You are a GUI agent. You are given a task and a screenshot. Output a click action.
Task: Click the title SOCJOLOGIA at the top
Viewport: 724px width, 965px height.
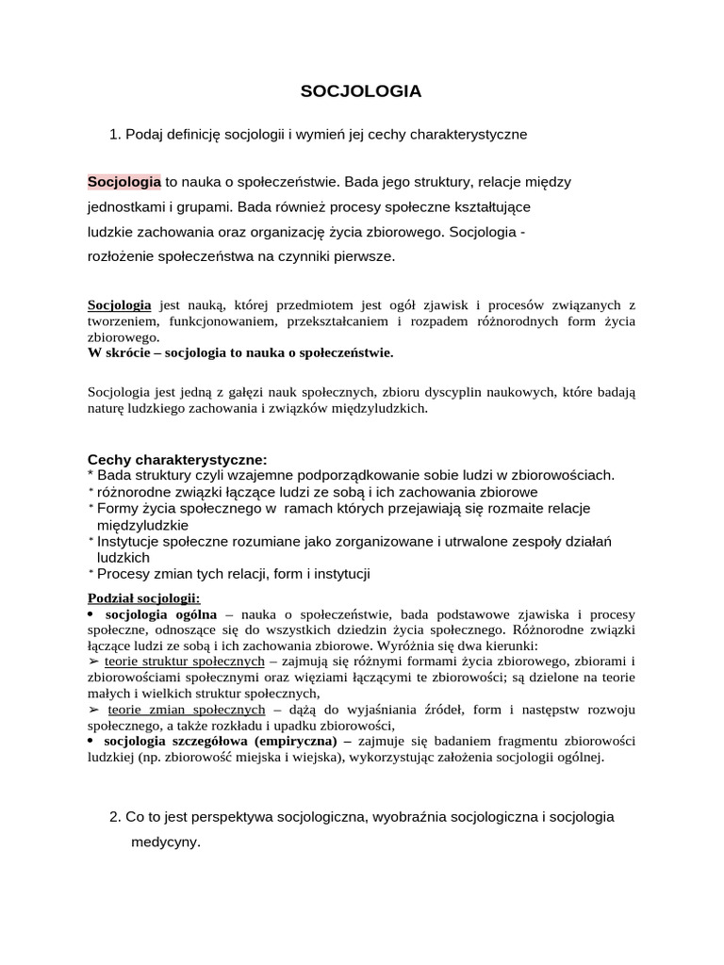(361, 91)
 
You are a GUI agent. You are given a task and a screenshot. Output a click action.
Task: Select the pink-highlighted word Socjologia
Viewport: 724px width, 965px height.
(124, 180)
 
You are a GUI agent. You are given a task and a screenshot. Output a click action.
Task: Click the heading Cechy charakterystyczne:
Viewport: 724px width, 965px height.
(177, 459)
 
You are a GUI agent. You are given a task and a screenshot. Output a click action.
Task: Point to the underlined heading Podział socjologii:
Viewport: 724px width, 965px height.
(143, 598)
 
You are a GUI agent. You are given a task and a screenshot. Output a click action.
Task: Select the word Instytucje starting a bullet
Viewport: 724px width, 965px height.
(130, 541)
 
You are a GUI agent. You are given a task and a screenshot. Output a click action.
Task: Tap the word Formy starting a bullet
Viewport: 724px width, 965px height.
(118, 508)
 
